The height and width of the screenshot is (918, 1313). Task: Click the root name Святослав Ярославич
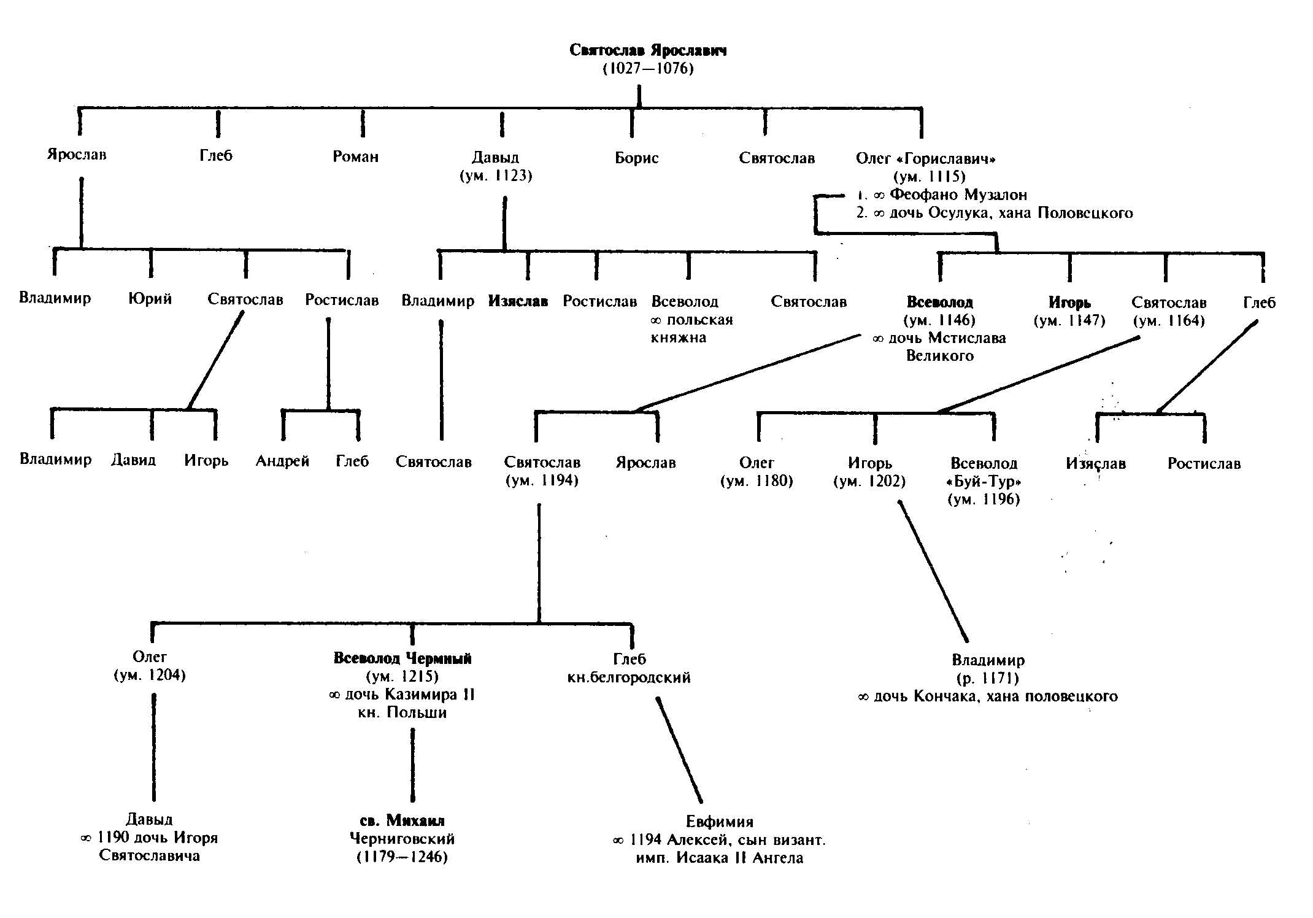[647, 50]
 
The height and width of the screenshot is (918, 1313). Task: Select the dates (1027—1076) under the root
[648, 68]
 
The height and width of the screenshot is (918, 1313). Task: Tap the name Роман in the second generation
[355, 156]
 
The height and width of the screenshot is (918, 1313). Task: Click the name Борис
[636, 158]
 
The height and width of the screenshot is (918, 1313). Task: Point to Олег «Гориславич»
[925, 159]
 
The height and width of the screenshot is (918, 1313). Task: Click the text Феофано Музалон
[958, 195]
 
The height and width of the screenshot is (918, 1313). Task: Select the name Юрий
[150, 299]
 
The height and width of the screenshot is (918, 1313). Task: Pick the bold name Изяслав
[518, 301]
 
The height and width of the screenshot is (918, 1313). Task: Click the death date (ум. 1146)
[939, 320]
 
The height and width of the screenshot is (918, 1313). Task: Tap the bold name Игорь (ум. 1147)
[1069, 303]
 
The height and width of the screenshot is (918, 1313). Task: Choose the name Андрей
[282, 461]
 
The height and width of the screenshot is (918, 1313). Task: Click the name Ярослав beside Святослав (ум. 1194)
[645, 462]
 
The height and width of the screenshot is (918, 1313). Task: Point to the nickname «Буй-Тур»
[984, 481]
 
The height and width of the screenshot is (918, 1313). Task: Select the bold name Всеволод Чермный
[402, 658]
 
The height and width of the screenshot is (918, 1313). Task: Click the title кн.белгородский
[629, 677]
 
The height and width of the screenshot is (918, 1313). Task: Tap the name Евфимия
[719, 822]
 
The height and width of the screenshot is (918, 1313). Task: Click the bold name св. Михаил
[402, 820]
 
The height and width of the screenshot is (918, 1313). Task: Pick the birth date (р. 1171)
[988, 678]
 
